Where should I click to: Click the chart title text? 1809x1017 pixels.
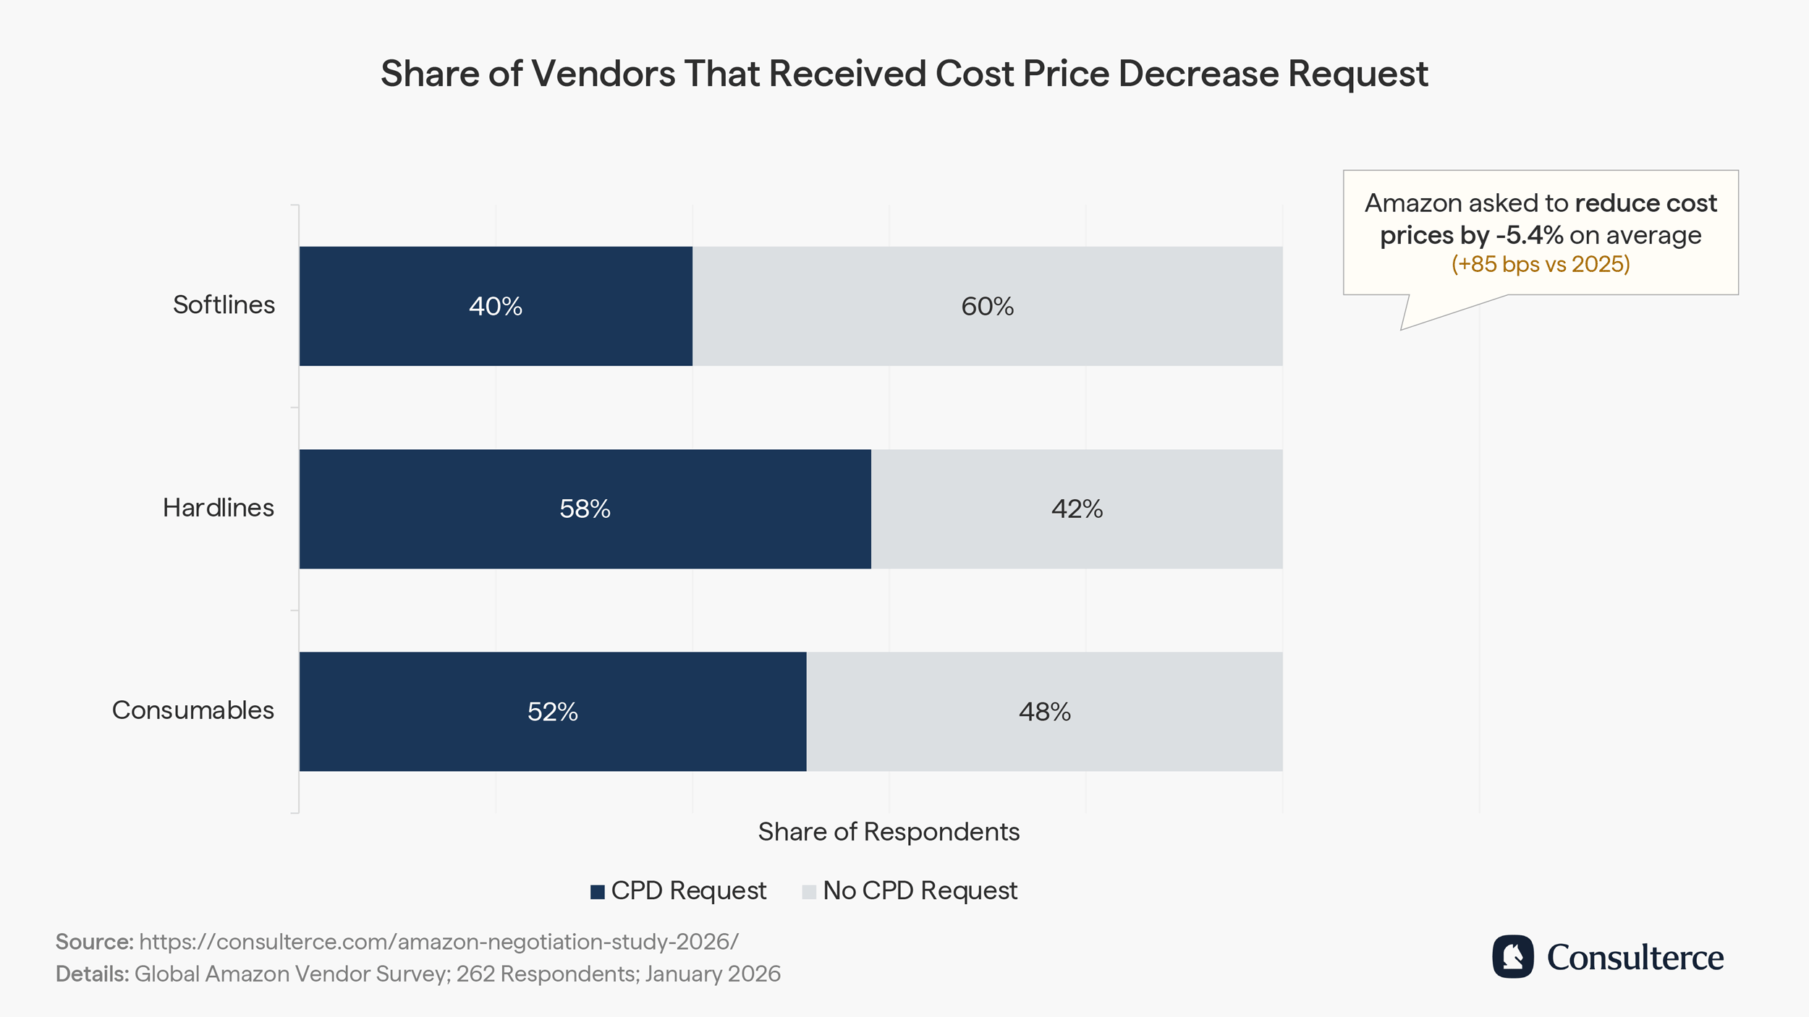tap(904, 74)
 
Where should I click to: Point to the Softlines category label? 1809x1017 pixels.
tap(224, 305)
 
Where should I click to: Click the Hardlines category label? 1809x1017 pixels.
tap(219, 508)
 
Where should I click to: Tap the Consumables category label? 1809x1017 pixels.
tap(193, 710)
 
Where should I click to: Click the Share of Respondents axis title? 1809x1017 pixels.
tap(889, 832)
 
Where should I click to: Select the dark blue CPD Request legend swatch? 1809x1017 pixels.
tap(598, 892)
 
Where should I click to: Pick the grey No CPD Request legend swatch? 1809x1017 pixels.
tap(809, 892)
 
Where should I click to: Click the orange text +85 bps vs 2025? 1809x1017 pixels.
tap(1541, 264)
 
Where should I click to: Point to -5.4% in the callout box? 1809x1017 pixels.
tap(1529, 235)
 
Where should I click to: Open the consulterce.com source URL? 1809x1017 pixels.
tap(439, 942)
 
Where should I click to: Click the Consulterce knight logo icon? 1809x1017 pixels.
tap(1512, 957)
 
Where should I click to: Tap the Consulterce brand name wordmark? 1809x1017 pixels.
tap(1635, 958)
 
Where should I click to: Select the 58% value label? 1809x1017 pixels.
tap(585, 509)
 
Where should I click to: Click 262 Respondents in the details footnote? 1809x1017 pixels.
tap(547, 974)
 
